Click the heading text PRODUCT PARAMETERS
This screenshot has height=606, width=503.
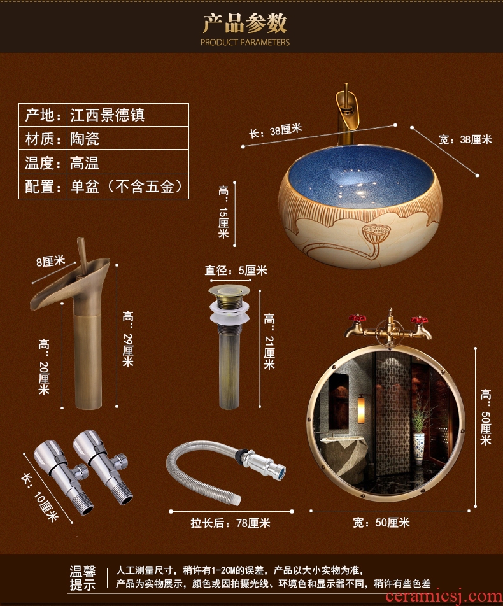point(244,42)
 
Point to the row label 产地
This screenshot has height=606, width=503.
point(43,115)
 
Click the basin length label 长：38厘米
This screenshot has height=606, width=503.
point(275,130)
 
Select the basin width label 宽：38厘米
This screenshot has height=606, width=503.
point(465,139)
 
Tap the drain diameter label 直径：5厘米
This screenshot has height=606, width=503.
point(236,271)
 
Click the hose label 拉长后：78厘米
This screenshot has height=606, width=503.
point(230,523)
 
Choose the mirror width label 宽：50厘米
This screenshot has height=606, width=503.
point(381,523)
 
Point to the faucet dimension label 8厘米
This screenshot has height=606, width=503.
point(50,262)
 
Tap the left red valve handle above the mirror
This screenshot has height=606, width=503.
point(357,319)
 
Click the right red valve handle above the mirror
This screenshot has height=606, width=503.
point(419,320)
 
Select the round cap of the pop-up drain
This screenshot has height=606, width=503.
point(229,291)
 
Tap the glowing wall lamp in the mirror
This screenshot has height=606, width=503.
point(362,411)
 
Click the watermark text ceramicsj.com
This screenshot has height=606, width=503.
point(444,596)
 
